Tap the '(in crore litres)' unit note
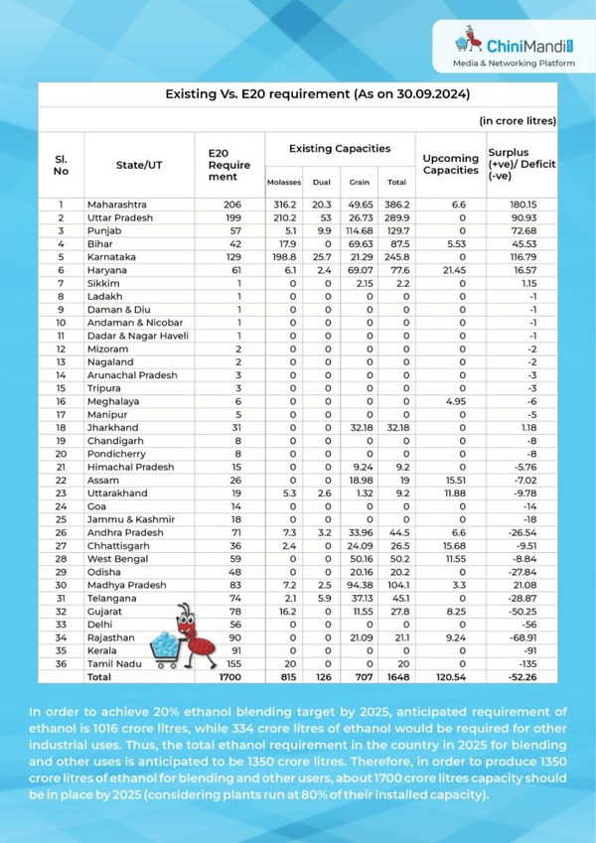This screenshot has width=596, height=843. (518, 120)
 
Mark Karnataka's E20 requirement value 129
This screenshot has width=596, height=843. (228, 256)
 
